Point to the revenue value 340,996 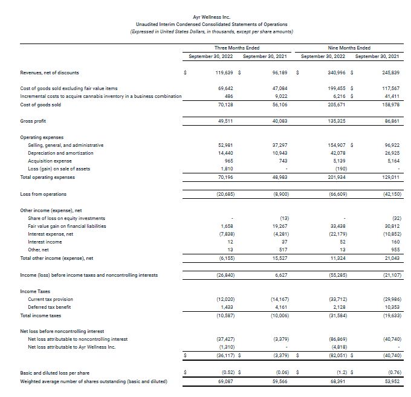335,73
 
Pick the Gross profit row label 34,121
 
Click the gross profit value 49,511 225,121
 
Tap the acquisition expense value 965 227,161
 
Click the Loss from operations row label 44,194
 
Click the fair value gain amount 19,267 279,226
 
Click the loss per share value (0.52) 225,373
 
